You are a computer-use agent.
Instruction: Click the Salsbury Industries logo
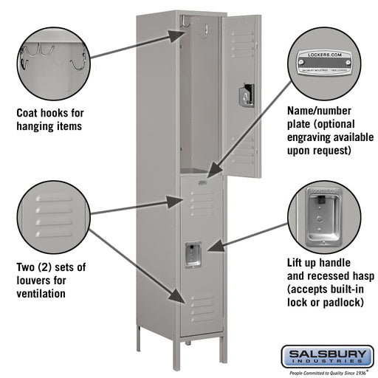click(326, 357)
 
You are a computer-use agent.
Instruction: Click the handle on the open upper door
click(245, 94)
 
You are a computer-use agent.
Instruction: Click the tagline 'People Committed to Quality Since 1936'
click(326, 372)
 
